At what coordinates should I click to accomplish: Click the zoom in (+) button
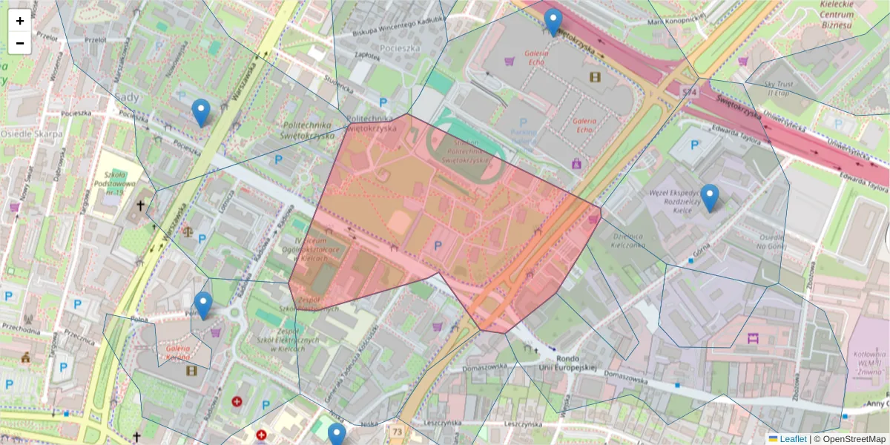[x=19, y=21]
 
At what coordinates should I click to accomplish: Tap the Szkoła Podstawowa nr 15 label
[x=113, y=181]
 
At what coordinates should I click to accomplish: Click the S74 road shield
[x=690, y=90]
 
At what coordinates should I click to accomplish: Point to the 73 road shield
[x=398, y=432]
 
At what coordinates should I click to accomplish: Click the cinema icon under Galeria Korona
[x=192, y=370]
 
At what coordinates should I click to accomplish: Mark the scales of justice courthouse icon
[x=186, y=231]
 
